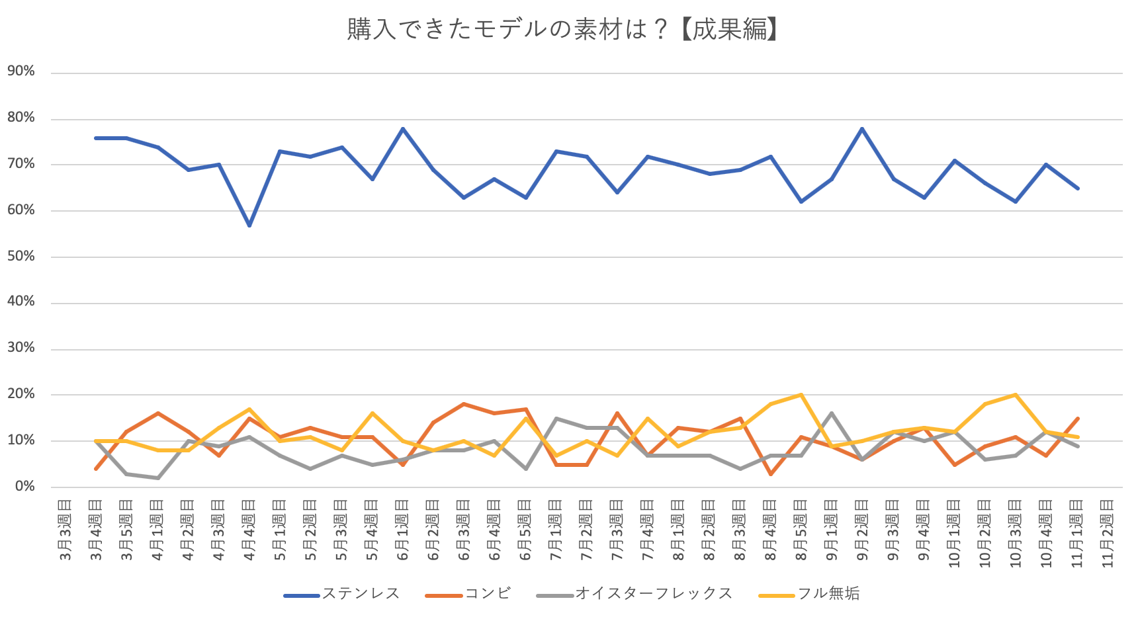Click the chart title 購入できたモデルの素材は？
point(563,29)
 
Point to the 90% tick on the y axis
point(21,71)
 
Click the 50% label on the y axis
point(21,256)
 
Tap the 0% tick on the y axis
point(24,486)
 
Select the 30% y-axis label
point(21,348)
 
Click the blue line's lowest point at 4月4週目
point(249,226)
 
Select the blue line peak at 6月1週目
point(403,128)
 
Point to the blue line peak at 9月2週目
point(862,128)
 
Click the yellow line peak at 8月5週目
point(801,395)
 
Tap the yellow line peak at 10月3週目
point(1016,395)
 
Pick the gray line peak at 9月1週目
point(832,413)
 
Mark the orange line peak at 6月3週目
point(464,403)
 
